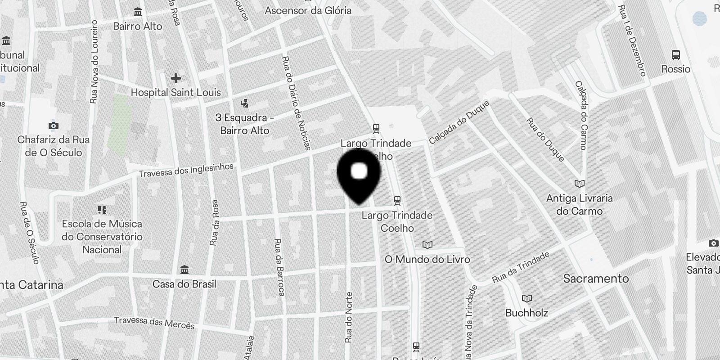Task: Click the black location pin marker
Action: tap(359, 178)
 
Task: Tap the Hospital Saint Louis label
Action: tap(175, 93)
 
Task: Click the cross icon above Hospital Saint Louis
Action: tap(175, 78)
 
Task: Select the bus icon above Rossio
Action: tap(675, 55)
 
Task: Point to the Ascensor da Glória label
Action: tap(308, 10)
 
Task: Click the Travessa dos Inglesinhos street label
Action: tap(186, 170)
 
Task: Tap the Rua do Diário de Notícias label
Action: tap(296, 103)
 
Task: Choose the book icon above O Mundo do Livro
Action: tap(427, 245)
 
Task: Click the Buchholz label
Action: tap(526, 312)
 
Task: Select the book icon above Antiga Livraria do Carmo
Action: tap(580, 184)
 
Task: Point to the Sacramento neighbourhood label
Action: tap(596, 279)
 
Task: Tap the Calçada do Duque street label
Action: tap(459, 122)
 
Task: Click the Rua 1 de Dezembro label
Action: tap(632, 40)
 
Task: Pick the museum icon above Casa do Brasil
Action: tap(184, 270)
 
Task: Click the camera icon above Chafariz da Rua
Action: tap(54, 126)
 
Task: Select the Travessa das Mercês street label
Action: tap(154, 323)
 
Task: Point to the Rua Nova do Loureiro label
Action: tap(94, 62)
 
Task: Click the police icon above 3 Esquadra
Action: tap(244, 103)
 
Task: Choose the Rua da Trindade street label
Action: tap(521, 267)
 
